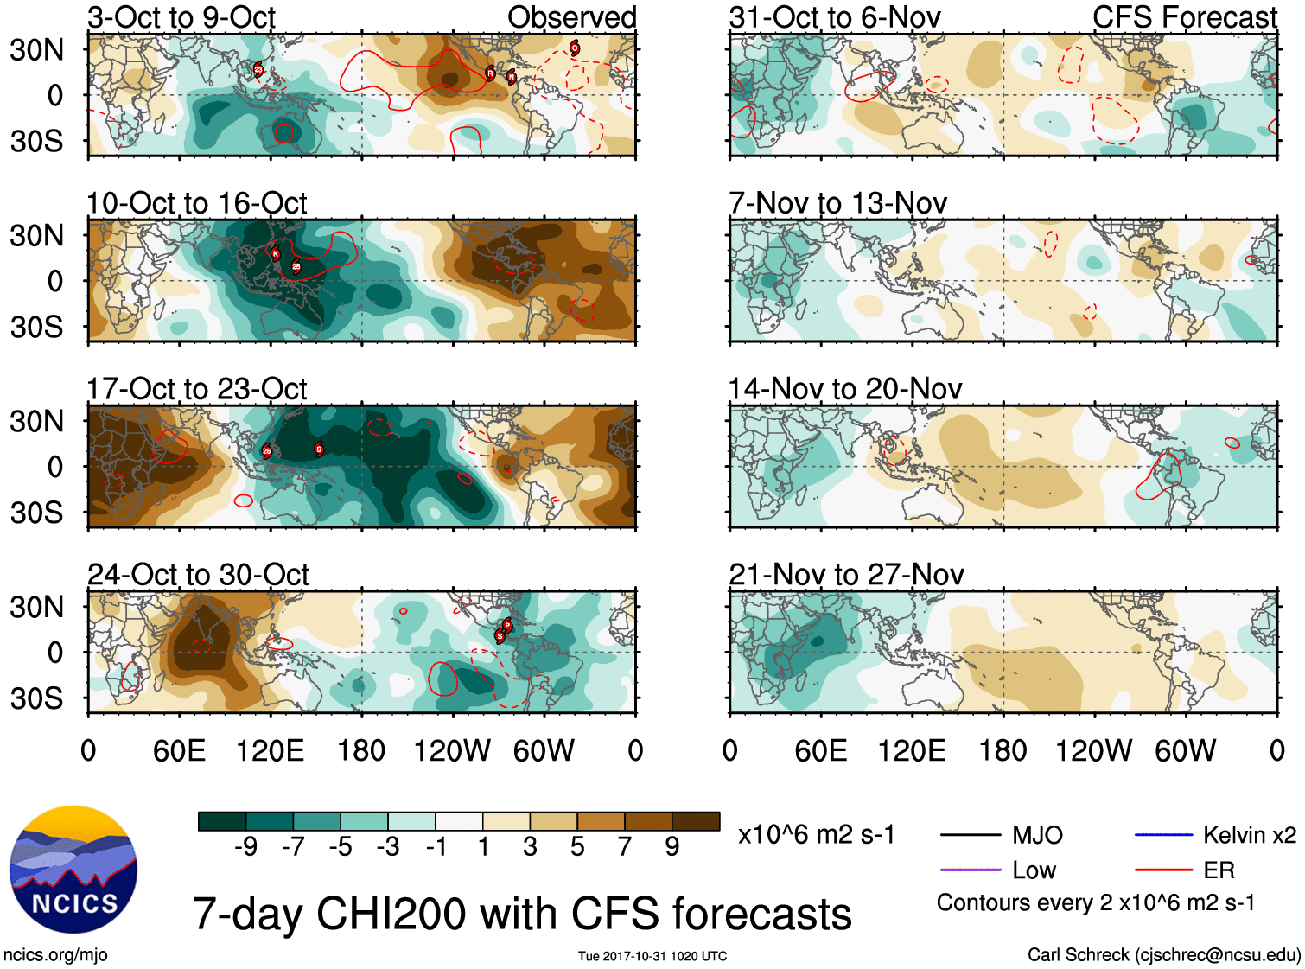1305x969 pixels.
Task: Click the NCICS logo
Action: [x=73, y=869]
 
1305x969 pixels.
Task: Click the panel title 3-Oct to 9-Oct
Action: [x=181, y=17]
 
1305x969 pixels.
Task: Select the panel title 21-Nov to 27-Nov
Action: [x=846, y=575]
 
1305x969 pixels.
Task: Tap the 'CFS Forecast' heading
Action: [x=1184, y=17]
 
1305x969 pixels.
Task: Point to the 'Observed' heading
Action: [x=571, y=17]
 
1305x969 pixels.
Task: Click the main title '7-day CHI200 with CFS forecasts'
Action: [x=522, y=915]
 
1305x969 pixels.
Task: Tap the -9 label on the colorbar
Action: [x=245, y=847]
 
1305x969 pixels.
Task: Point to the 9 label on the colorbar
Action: [x=672, y=847]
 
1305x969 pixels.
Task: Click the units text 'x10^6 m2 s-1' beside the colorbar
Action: [x=816, y=835]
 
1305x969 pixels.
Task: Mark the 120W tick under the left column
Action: [x=452, y=750]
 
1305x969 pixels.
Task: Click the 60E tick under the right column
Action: [x=820, y=750]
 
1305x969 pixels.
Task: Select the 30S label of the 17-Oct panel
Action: [x=36, y=513]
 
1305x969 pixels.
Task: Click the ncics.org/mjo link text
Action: [x=55, y=955]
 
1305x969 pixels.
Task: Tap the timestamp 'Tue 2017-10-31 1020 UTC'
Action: [x=652, y=956]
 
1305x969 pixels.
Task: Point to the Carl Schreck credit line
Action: [x=1163, y=955]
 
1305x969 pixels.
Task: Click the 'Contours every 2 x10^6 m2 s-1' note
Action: [x=1095, y=903]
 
